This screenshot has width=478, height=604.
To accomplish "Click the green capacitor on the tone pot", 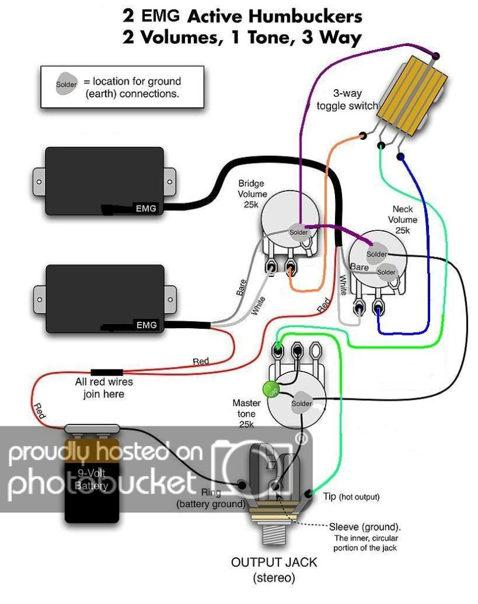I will [272, 390].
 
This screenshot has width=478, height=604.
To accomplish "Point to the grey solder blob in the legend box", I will [66, 85].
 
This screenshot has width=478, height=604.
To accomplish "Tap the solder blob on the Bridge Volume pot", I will [299, 231].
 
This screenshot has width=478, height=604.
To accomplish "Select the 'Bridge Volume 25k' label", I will [252, 194].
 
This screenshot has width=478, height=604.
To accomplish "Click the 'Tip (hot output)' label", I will [350, 497].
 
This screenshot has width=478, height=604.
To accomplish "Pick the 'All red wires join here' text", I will [103, 387].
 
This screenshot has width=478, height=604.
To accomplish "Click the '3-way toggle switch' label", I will [350, 100].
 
